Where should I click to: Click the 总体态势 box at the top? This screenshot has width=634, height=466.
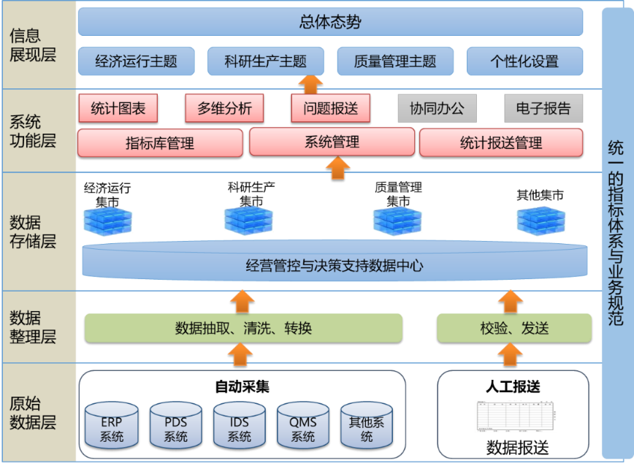click(x=330, y=21)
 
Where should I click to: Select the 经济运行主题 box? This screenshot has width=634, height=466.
click(x=137, y=61)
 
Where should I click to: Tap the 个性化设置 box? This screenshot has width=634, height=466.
click(x=525, y=61)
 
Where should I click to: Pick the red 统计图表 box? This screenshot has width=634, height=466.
click(x=118, y=108)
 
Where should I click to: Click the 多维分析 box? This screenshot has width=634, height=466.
click(x=224, y=108)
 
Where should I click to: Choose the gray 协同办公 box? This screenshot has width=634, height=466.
click(x=437, y=108)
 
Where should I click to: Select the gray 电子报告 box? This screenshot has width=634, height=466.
click(x=543, y=108)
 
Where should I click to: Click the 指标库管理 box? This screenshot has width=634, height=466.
click(x=160, y=143)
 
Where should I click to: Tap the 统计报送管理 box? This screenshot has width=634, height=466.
click(x=501, y=142)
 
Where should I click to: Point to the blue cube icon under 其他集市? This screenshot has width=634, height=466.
click(x=541, y=221)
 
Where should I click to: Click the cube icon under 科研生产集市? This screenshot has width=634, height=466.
click(x=248, y=221)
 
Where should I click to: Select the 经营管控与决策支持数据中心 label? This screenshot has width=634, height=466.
click(x=335, y=266)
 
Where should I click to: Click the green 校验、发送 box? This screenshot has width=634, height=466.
click(x=514, y=328)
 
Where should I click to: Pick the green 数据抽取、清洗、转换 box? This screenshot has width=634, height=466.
click(x=243, y=328)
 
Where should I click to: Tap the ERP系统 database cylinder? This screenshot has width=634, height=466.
click(x=112, y=426)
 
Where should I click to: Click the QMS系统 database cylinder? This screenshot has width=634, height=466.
click(x=303, y=426)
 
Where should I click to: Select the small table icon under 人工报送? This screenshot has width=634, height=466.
click(x=516, y=416)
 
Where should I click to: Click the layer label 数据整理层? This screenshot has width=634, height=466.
click(x=33, y=327)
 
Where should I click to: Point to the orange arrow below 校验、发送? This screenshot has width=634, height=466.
click(x=511, y=354)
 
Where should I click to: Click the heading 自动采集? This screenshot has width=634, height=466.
click(x=242, y=387)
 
